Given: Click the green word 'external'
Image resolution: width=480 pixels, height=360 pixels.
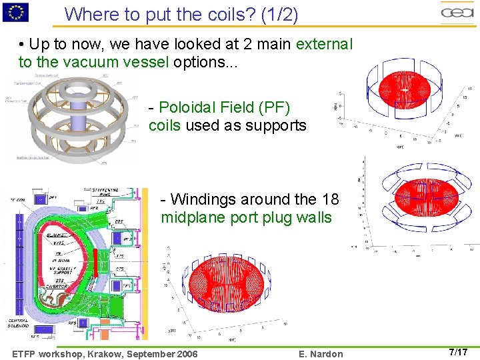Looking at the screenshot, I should (323, 45).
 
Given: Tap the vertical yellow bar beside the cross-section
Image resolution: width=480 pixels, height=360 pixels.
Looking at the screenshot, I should (144, 260).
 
